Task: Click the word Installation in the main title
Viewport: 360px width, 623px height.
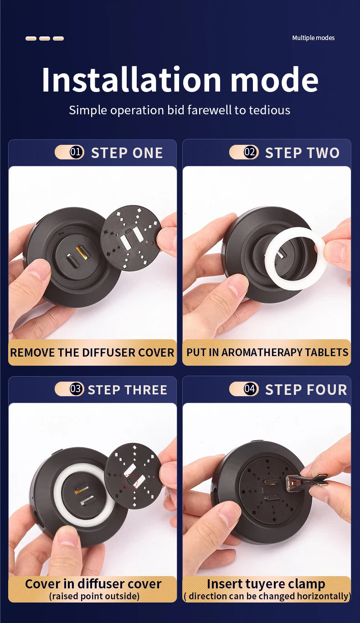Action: [131, 80]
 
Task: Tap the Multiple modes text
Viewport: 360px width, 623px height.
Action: [313, 38]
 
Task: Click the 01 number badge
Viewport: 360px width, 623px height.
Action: [77, 152]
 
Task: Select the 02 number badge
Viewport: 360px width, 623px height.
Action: [251, 152]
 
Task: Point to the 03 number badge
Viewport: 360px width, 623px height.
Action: [77, 389]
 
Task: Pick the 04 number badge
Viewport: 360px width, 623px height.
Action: [251, 389]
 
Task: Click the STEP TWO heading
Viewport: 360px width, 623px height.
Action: [303, 153]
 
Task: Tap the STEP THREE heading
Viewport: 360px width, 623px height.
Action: [128, 390]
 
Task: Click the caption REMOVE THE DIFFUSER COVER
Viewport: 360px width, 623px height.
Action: [92, 352]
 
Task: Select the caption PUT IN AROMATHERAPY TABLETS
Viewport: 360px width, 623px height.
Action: [267, 352]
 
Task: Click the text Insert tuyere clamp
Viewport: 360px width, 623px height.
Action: [266, 584]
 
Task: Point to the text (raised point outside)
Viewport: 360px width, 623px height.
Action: [94, 596]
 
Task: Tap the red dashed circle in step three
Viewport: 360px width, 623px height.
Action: [130, 481]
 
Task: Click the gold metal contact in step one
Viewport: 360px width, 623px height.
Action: [82, 253]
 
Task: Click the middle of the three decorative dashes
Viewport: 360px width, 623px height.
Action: [45, 38]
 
